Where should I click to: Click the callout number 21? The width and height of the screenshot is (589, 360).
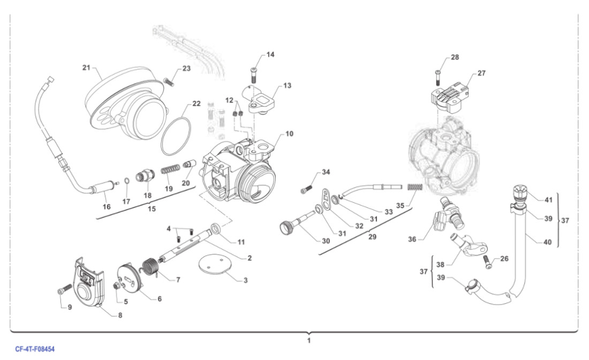click(86, 67)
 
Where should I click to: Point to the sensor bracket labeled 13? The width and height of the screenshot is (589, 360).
click(262, 99)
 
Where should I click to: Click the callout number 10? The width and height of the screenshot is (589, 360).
click(289, 133)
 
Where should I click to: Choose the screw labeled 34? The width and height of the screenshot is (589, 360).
click(307, 188)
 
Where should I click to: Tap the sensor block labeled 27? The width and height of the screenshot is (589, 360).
click(449, 95)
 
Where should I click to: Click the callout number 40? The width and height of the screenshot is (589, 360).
click(547, 242)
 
